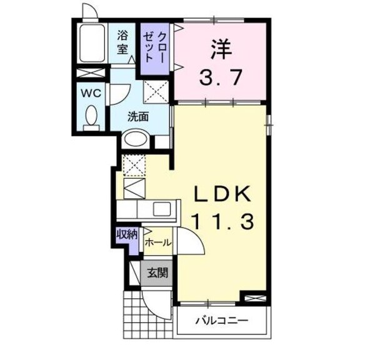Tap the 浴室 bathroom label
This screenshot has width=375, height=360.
[122, 42]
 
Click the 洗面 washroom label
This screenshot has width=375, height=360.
[138, 116]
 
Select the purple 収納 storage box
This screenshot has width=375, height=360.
[126, 234]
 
